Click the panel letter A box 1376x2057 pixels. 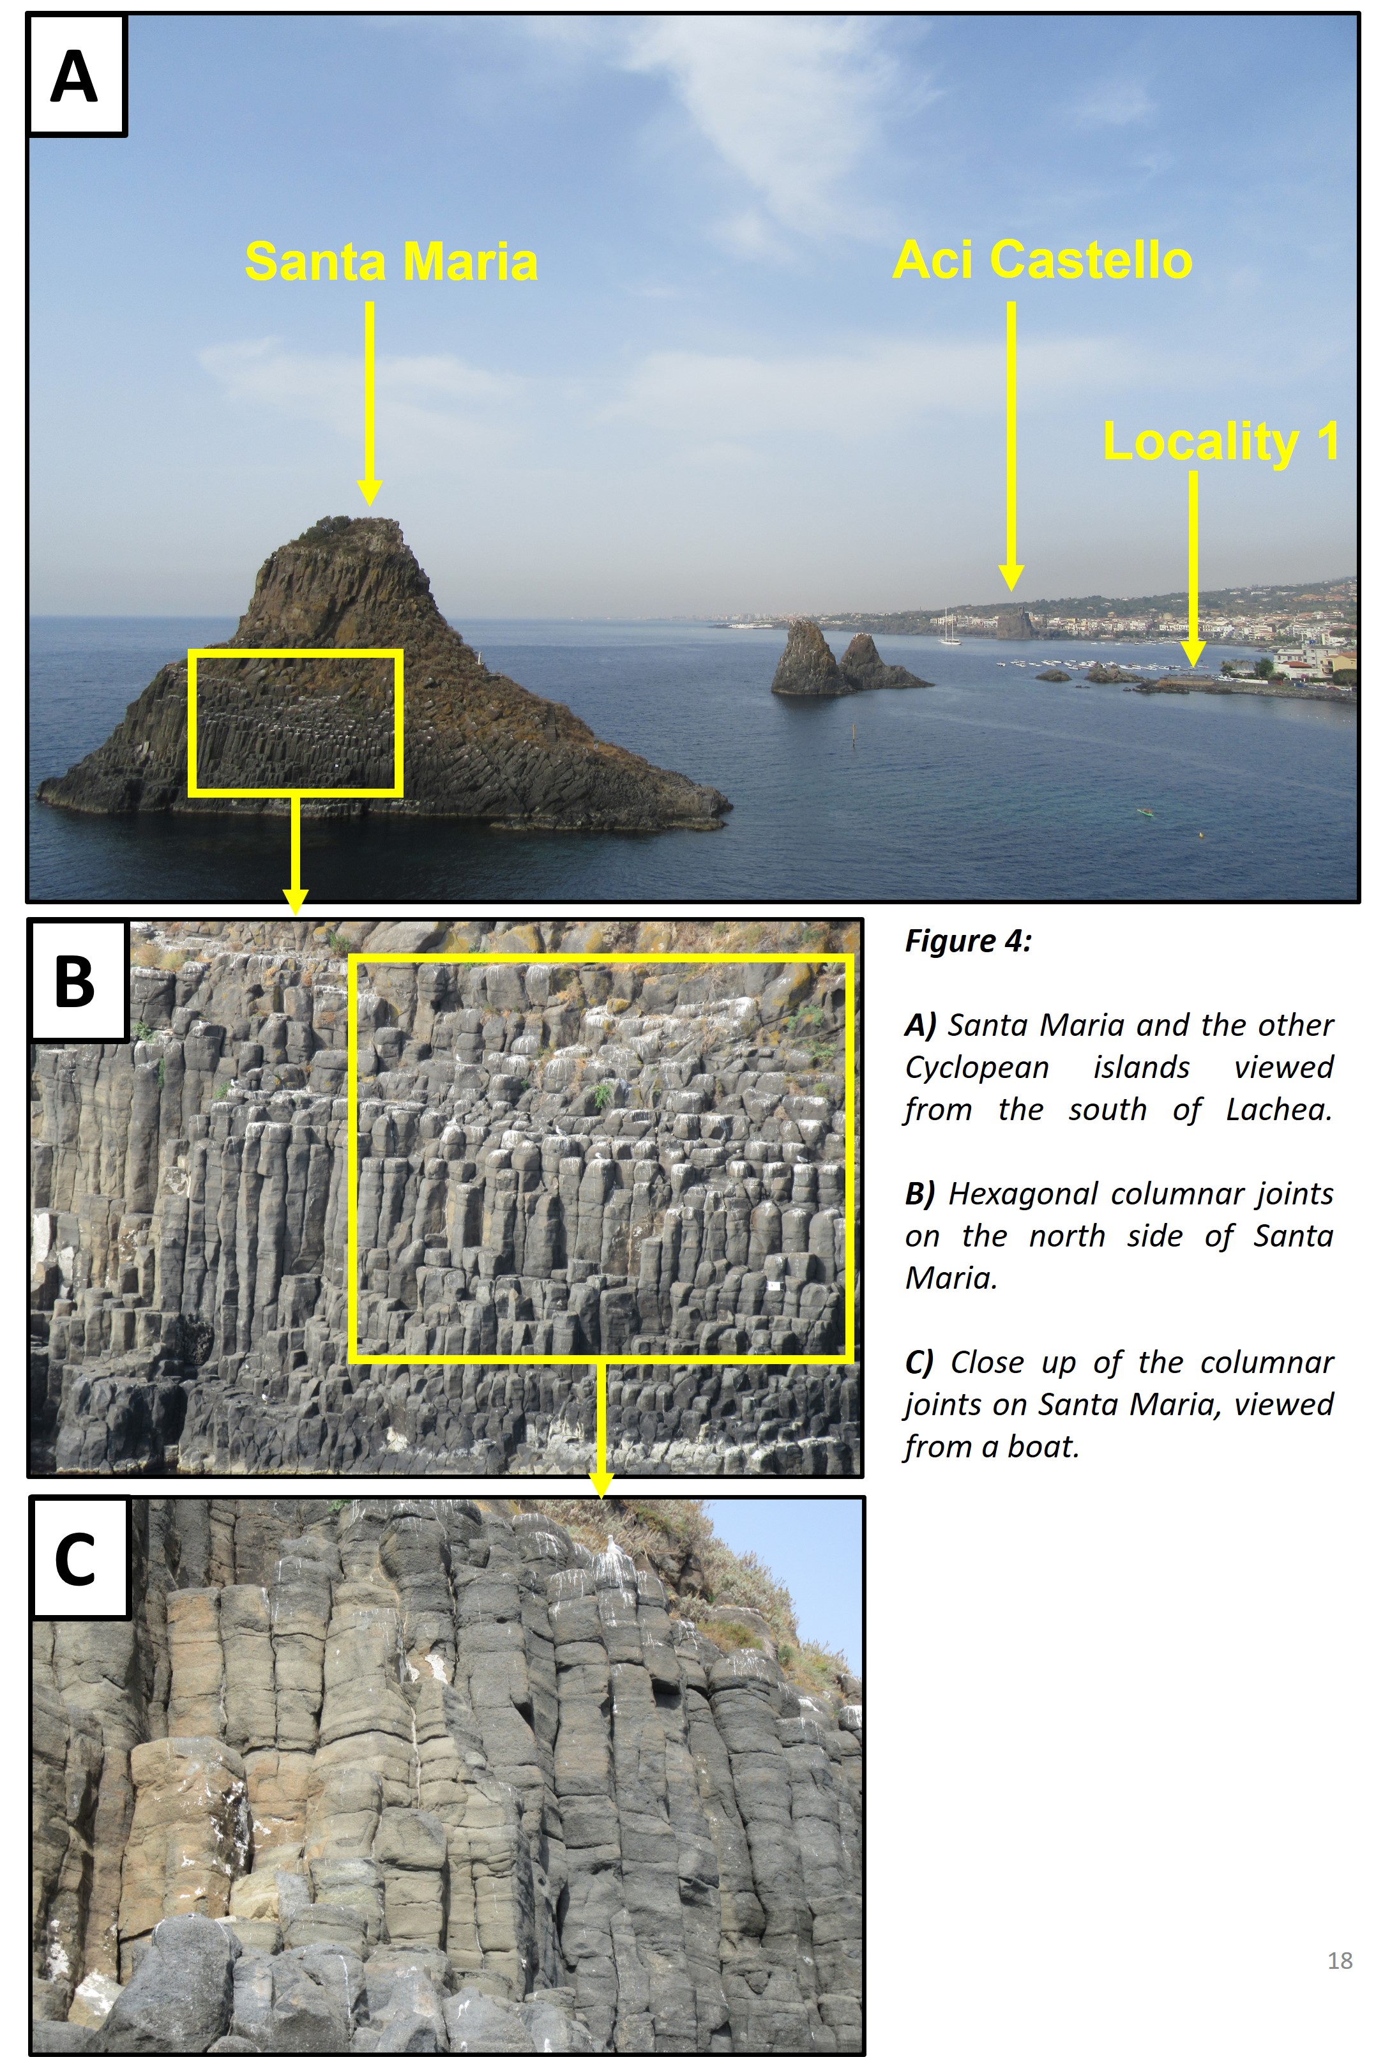click(x=77, y=75)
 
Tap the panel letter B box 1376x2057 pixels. click(x=77, y=980)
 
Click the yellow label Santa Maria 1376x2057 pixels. click(x=391, y=261)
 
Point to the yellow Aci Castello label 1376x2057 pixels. click(x=1041, y=260)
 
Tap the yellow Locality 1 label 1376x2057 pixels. click(x=1220, y=441)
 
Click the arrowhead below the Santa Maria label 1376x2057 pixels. click(x=370, y=493)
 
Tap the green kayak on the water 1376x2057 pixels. click(x=1144, y=812)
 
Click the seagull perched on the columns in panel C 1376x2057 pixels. click(x=614, y=1545)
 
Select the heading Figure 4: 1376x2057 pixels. click(x=968, y=941)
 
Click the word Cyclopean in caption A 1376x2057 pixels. click(x=977, y=1068)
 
